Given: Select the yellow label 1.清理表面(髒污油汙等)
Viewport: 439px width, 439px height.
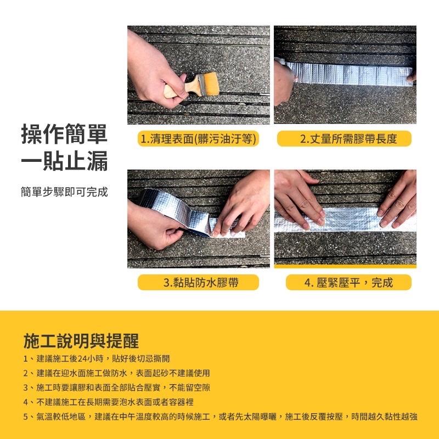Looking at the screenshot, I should pyautogui.click(x=198, y=139).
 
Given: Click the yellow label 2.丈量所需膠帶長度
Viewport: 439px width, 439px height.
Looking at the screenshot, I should pyautogui.click(x=344, y=139).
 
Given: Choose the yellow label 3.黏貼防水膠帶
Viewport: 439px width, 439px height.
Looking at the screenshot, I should pyautogui.click(x=198, y=283).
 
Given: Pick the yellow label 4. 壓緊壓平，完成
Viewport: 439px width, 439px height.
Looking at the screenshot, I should pyautogui.click(x=344, y=283).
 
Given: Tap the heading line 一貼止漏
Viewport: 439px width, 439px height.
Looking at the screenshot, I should pyautogui.click(x=64, y=163).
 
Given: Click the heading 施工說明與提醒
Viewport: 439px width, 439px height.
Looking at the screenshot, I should pyautogui.click(x=81, y=341).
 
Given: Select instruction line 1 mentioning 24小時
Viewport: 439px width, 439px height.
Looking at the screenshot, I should pyautogui.click(x=97, y=358).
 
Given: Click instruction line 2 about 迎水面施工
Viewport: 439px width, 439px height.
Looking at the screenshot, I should pyautogui.click(x=116, y=373).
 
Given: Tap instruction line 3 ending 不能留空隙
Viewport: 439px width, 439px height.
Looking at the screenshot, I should pyautogui.click(x=116, y=387).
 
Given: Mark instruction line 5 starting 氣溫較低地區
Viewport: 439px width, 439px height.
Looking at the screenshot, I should pyautogui.click(x=219, y=417).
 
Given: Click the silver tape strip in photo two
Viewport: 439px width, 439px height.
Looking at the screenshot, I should pyautogui.click(x=351, y=71).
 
